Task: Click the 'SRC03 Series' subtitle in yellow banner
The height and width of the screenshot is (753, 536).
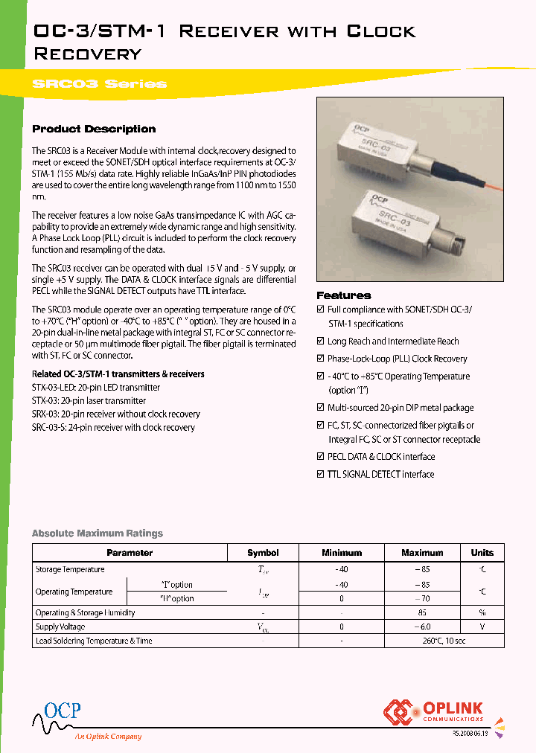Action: pos(99,84)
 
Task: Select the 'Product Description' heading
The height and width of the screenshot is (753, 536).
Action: pos(94,129)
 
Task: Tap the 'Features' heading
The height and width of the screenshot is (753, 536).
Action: pos(343,295)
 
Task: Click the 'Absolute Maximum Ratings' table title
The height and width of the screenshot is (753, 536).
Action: pos(97,533)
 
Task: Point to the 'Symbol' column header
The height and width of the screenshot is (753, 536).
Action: pos(263,553)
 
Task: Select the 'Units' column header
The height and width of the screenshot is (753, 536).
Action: pos(482,553)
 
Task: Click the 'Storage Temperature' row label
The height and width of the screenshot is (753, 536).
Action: pos(70,569)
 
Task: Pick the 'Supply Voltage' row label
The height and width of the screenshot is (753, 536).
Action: pos(60,627)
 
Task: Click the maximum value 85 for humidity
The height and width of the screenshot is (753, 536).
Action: pos(422,613)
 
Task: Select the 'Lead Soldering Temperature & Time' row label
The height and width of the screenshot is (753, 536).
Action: pos(94,641)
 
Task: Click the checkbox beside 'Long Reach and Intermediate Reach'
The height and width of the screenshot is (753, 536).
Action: pos(321,342)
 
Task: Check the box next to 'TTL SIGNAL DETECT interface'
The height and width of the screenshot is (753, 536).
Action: pos(321,474)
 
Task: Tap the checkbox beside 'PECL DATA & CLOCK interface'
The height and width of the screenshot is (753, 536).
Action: pos(321,457)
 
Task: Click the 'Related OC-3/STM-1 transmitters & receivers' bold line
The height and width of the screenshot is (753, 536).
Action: pos(118,374)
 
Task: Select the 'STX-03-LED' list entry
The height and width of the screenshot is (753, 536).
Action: pos(95,388)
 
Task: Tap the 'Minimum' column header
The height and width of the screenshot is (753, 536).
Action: pos(341,553)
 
